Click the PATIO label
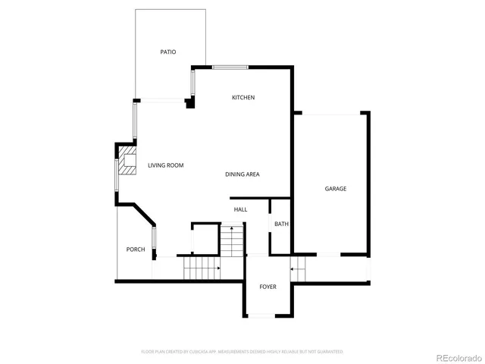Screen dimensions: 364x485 coord(167,52)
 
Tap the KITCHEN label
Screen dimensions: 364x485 coord(242,98)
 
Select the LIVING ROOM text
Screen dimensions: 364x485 coord(165,165)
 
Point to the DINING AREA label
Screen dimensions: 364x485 coord(242,174)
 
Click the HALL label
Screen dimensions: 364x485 coord(240,209)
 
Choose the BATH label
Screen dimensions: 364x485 coord(281,224)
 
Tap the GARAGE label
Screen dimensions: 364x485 coord(336,189)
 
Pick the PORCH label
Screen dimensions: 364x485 coord(136,249)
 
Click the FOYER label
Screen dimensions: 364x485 coord(268,287)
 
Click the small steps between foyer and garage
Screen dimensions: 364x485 coord(300,268)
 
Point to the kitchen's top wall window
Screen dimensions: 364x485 coord(230,67)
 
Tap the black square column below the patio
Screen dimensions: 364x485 coord(189,103)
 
